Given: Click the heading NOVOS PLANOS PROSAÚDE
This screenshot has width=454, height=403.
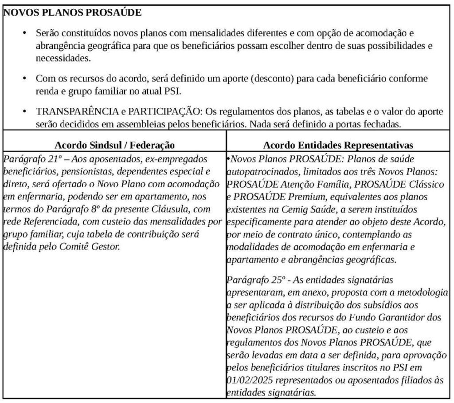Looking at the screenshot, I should coord(73,12).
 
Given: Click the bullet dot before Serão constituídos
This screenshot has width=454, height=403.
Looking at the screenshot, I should coord(26,33).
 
